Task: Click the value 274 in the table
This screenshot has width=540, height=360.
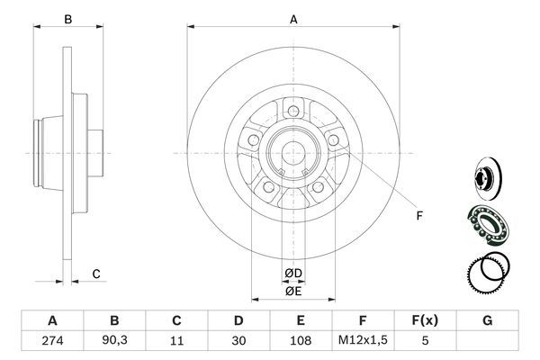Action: click(51, 341)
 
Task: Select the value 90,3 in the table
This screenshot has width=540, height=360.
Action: click(114, 341)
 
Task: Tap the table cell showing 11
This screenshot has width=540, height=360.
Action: click(176, 341)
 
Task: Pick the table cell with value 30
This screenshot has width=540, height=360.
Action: click(238, 341)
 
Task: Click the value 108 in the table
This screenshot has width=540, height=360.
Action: click(301, 341)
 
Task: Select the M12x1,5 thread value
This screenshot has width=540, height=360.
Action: click(363, 341)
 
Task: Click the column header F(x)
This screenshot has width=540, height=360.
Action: click(425, 319)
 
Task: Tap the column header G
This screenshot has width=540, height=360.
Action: click(487, 319)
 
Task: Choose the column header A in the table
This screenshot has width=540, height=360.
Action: click(51, 319)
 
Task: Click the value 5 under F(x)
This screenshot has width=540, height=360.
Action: click(425, 341)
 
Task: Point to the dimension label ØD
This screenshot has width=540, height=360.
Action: click(292, 273)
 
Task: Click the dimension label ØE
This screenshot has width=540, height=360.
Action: click(292, 290)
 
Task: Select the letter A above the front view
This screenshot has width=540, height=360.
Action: click(292, 18)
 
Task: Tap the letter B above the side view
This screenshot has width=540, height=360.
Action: click(68, 18)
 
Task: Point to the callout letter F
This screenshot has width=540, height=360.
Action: click(418, 216)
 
